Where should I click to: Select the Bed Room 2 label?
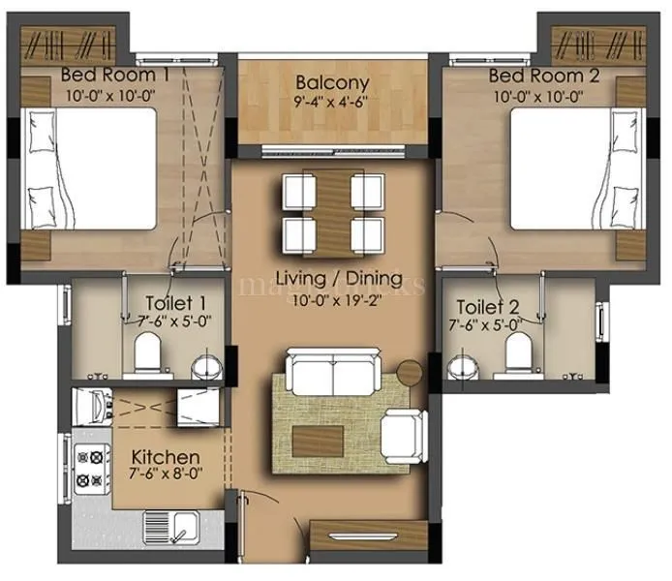pos(536,76)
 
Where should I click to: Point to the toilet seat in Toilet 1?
pos(147,352)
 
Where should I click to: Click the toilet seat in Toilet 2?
pos(518,352)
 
